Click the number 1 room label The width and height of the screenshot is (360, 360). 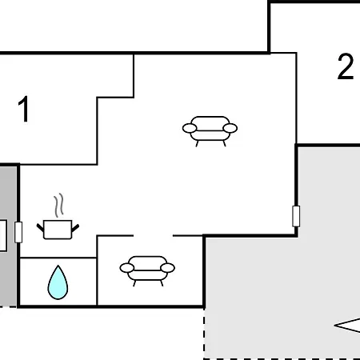(24, 109)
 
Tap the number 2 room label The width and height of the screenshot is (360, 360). (346, 66)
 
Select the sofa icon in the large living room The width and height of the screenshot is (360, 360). (210, 131)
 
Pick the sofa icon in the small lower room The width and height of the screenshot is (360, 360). (147, 271)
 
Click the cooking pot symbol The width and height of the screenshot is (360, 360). (58, 230)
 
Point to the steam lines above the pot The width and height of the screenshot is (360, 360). (59, 205)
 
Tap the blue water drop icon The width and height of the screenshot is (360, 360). (58, 282)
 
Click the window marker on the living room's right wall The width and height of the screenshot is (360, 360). (296, 216)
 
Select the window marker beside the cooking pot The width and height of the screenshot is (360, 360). (18, 232)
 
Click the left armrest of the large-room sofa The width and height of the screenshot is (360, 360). (190, 128)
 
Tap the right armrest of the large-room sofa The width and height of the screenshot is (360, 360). (230, 128)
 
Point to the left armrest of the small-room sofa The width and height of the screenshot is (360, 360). (127, 268)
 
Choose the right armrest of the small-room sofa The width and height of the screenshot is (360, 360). (168, 268)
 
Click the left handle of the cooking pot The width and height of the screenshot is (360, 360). (40, 227)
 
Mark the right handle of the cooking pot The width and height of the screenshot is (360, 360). (75, 228)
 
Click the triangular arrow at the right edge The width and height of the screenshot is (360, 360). (347, 326)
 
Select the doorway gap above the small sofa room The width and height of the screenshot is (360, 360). (153, 236)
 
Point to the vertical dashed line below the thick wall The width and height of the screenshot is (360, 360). (204, 334)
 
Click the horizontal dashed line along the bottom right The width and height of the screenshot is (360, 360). (282, 358)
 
